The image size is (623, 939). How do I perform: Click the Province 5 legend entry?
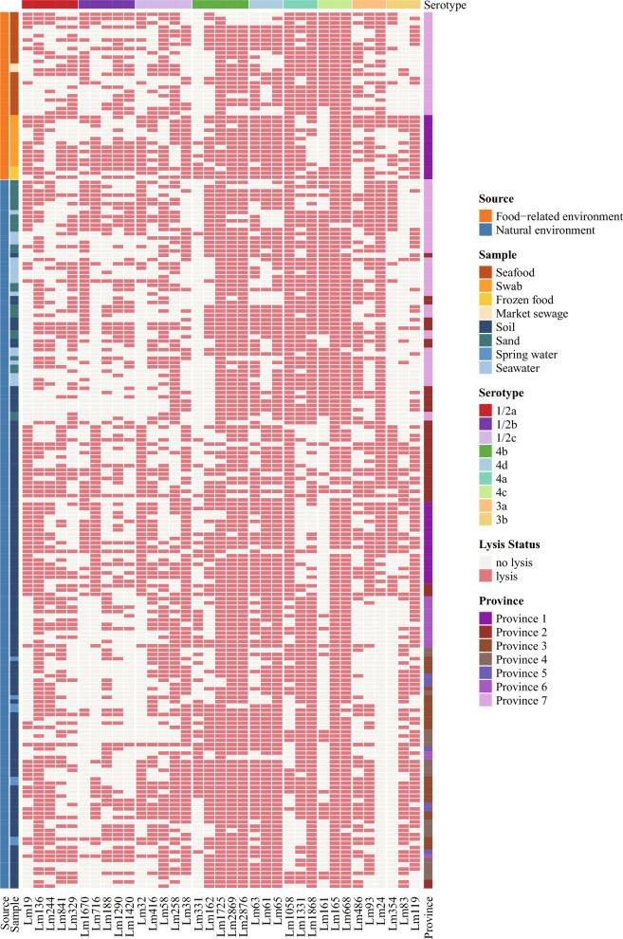coord(529,673)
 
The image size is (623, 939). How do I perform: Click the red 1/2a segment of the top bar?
coord(49,5)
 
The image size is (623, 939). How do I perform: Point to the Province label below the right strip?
coord(429,909)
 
